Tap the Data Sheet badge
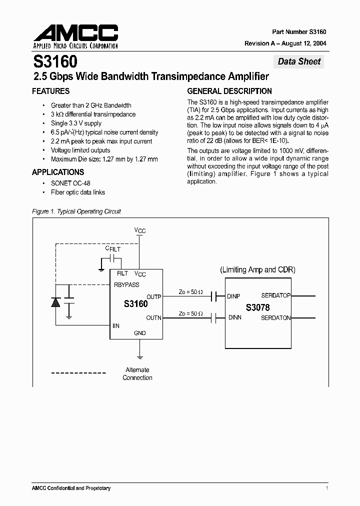pyautogui.click(x=299, y=61)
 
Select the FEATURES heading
pyautogui.click(x=50, y=91)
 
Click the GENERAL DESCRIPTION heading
pyautogui.click(x=229, y=91)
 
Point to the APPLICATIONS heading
pyautogui.click(x=58, y=172)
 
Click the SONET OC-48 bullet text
pyautogui.click(x=70, y=183)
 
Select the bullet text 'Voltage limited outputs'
pyautogui.click(x=80, y=150)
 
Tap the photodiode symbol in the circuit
pyautogui.click(x=55, y=301)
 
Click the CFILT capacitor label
pyautogui.click(x=112, y=248)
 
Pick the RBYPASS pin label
pyautogui.click(x=127, y=284)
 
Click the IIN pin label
pyautogui.click(x=116, y=326)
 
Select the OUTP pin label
pyautogui.click(x=153, y=297)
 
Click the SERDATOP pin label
pyautogui.click(x=275, y=295)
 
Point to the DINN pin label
pyautogui.click(x=234, y=317)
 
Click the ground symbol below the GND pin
pyautogui.click(x=140, y=357)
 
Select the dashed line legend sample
pyautogui.click(x=78, y=373)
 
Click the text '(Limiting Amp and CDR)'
pyautogui.click(x=258, y=270)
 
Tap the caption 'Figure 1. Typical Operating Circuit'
pyautogui.click(x=76, y=211)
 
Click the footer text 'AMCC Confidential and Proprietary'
pyautogui.click(x=71, y=488)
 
